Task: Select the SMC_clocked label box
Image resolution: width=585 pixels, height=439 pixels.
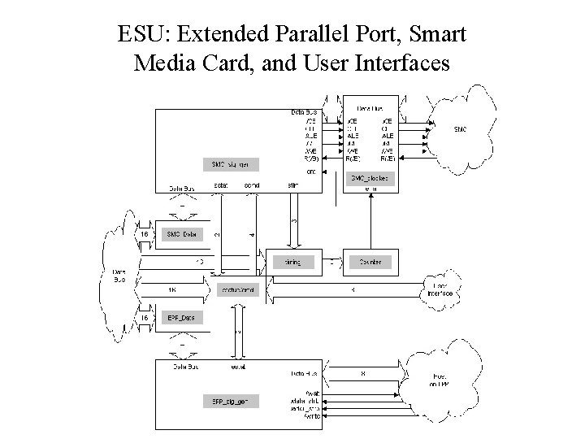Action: click(370, 177)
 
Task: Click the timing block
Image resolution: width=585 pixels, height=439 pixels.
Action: click(292, 263)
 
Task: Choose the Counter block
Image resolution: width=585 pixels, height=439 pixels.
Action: click(370, 263)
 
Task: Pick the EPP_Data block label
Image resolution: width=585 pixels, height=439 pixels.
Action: click(181, 318)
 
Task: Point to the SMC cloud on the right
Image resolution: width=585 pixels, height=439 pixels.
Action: click(459, 128)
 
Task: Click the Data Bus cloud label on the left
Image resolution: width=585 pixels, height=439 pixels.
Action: click(119, 276)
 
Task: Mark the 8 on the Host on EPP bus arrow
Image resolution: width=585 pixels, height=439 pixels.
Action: click(363, 374)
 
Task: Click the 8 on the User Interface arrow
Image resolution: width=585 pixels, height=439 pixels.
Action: click(351, 289)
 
